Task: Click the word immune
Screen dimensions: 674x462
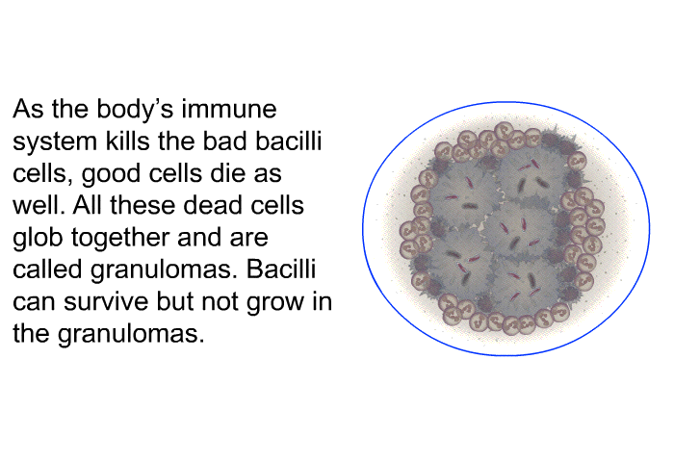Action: click(229, 109)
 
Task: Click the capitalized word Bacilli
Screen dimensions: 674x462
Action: click(281, 269)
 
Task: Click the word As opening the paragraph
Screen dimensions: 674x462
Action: click(28, 109)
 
